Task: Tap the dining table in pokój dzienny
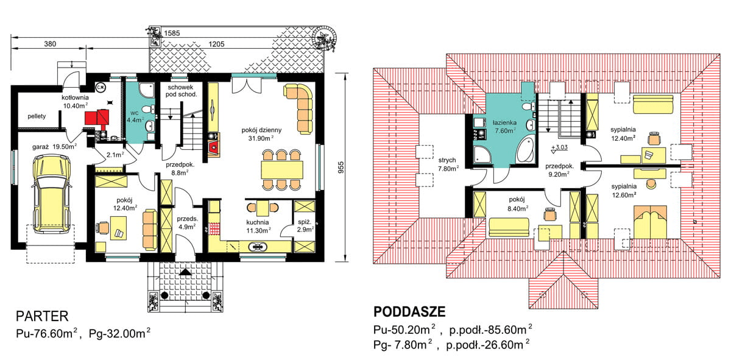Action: click(x=281, y=169)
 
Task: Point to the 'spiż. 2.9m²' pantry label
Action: click(x=304, y=227)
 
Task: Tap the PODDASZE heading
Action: click(x=409, y=312)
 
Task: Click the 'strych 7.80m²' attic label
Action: click(x=447, y=164)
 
